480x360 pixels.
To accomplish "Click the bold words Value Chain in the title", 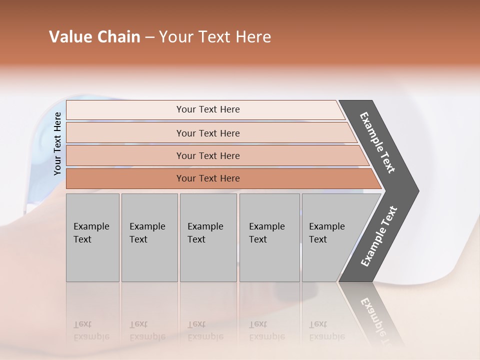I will (x=94, y=37).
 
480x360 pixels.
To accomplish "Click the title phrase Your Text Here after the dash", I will (x=215, y=37).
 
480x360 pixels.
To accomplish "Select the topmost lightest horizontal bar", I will (x=125, y=110).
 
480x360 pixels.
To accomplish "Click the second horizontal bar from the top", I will (x=125, y=133).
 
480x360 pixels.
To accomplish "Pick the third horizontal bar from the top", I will (x=125, y=155).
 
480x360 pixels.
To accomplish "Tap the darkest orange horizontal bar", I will (x=125, y=178).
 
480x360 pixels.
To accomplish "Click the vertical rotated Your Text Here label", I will (x=57, y=143).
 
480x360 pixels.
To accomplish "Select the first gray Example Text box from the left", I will (x=92, y=237).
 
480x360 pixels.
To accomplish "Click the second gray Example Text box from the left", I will (x=149, y=237).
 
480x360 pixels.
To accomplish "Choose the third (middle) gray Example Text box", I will (x=208, y=237).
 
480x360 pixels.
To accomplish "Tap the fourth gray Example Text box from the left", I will (x=269, y=237).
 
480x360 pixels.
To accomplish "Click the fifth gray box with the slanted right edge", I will (x=330, y=237).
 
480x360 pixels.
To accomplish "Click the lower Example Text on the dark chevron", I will (x=379, y=236).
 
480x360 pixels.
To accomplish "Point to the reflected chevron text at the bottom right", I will (x=377, y=320).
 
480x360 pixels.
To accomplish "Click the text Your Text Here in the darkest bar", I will (x=208, y=178).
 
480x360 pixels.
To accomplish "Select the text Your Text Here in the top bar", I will (x=208, y=109).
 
